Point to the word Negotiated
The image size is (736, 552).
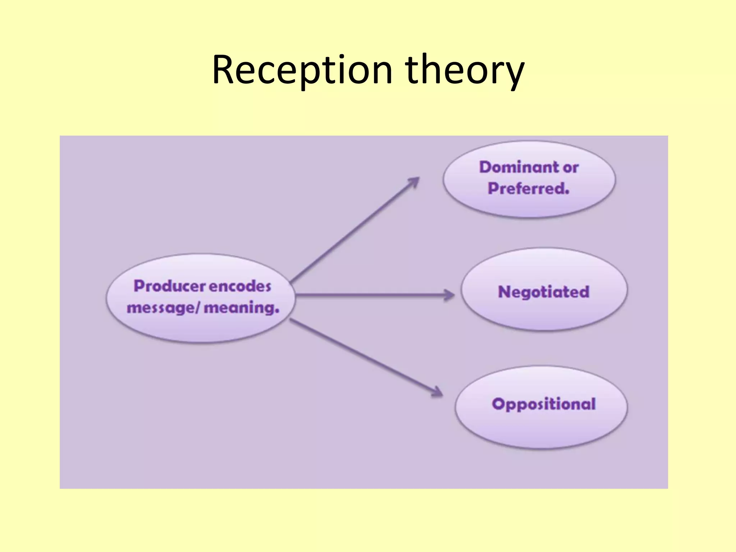pos(544,291)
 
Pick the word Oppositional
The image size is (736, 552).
pos(544,404)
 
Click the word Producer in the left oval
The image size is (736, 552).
pos(170,286)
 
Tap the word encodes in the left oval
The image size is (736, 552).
pos(240,286)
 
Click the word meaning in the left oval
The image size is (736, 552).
pos(239,308)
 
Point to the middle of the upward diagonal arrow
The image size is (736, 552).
pos(354,230)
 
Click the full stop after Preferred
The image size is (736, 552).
pos(567,193)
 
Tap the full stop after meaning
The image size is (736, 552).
pos(277,312)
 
